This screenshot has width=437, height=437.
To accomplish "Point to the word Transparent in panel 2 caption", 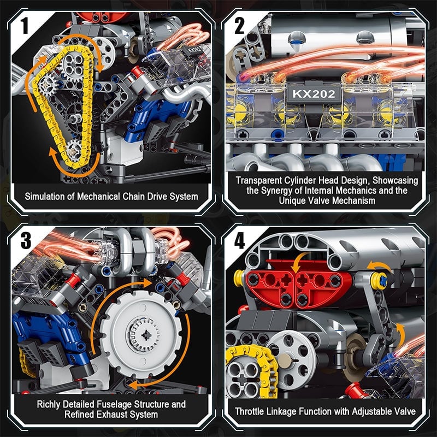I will click(x=259, y=180).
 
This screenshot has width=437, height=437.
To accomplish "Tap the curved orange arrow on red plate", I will click(x=298, y=264).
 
